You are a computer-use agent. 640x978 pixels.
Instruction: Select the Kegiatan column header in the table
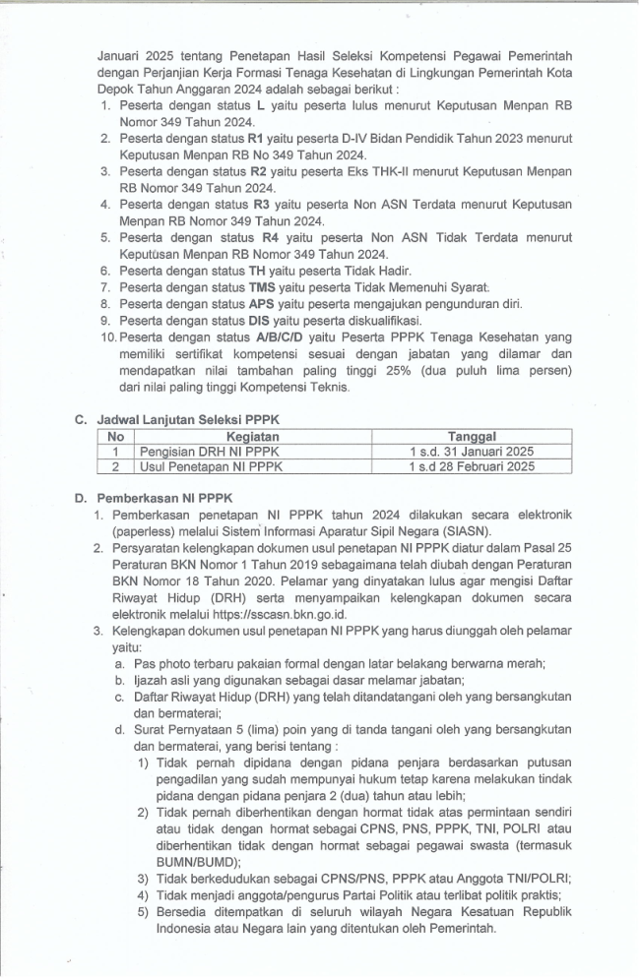253,436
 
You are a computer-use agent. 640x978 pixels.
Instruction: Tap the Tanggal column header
471,436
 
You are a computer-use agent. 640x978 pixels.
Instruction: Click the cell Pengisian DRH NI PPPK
197,451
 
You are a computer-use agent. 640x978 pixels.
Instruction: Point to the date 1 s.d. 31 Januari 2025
471,451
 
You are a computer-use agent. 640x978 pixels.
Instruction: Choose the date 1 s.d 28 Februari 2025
471,466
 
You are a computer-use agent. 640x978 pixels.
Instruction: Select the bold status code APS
261,303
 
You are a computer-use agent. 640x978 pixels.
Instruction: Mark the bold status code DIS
260,320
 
